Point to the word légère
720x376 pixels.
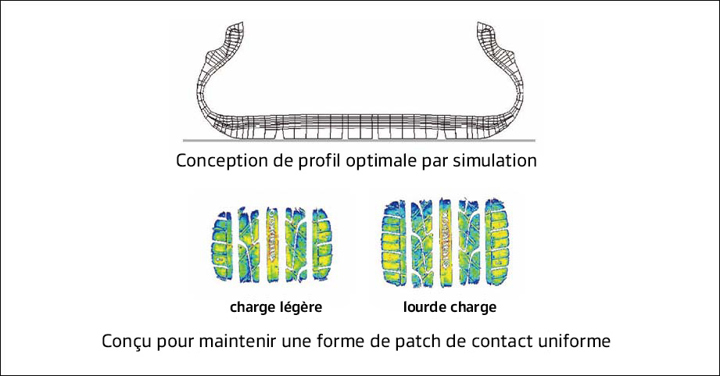tap(301, 307)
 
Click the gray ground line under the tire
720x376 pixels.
tap(359, 140)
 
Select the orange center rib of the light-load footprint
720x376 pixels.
tap(272, 245)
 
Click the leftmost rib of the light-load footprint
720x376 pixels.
tap(222, 246)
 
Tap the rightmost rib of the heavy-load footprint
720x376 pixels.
tap(496, 243)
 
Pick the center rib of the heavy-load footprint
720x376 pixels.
tap(445, 243)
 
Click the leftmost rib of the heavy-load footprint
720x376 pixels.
tap(394, 243)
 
